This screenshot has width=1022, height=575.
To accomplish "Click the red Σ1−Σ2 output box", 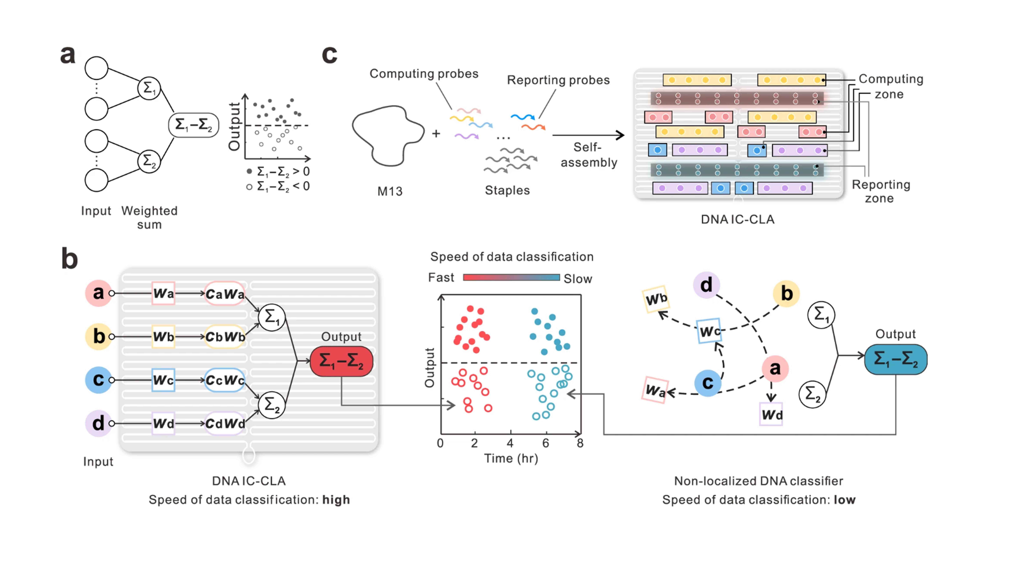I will point(341,361).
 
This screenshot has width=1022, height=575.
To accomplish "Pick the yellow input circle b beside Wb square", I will point(98,336).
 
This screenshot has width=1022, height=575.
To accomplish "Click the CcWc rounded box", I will point(225,380).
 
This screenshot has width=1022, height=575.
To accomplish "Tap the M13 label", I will point(390,192).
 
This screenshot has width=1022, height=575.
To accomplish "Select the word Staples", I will point(507,190).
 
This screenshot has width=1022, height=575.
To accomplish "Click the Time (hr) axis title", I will point(511,459).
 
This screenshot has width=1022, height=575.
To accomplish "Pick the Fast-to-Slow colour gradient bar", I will point(511,277).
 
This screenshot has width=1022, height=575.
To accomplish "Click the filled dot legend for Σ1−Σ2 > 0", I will point(249,171).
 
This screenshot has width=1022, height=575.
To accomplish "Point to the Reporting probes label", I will point(558,80).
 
